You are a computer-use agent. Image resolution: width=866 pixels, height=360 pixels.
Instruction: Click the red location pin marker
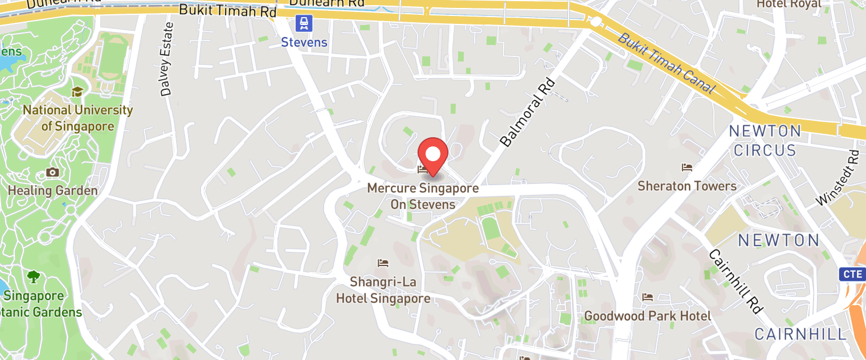click(x=433, y=156)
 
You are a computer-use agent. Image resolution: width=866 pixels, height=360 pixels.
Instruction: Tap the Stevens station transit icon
click(x=305, y=23)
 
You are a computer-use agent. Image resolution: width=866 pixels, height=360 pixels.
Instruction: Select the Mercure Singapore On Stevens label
click(x=423, y=196)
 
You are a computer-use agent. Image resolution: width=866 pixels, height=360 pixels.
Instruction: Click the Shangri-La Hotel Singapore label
click(x=383, y=290)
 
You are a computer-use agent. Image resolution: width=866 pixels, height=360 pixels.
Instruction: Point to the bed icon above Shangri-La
click(x=383, y=263)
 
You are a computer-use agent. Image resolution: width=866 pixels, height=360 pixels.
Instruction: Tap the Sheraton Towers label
click(x=687, y=186)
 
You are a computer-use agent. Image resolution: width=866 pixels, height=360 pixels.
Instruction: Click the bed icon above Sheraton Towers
click(x=687, y=167)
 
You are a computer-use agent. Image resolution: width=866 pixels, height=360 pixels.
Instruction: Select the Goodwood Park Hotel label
click(x=647, y=316)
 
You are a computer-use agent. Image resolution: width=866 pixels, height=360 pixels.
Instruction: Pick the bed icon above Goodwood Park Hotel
click(x=647, y=297)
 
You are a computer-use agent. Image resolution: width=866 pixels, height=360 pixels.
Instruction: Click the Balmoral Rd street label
click(x=527, y=113)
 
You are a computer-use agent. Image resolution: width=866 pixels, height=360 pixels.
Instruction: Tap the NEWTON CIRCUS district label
click(x=765, y=141)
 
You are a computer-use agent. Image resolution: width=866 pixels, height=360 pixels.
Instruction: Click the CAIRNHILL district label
click(x=800, y=334)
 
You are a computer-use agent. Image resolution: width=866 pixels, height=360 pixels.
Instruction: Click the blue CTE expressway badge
click(x=853, y=274)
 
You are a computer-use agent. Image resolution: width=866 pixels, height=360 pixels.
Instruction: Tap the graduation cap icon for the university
click(x=77, y=92)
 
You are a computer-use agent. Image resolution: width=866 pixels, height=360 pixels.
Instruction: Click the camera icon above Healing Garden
click(x=52, y=173)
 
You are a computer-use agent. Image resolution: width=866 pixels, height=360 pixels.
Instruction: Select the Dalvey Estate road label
click(x=167, y=59)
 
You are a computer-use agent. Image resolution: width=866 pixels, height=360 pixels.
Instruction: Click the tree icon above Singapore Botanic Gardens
click(x=34, y=277)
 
